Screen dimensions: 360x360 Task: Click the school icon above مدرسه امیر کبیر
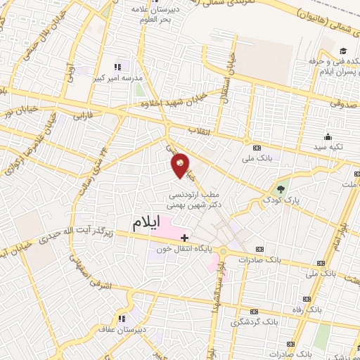click(x=117, y=67)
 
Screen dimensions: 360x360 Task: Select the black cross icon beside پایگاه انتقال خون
click(x=184, y=238)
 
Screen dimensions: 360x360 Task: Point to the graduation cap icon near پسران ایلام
click(x=343, y=51)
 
